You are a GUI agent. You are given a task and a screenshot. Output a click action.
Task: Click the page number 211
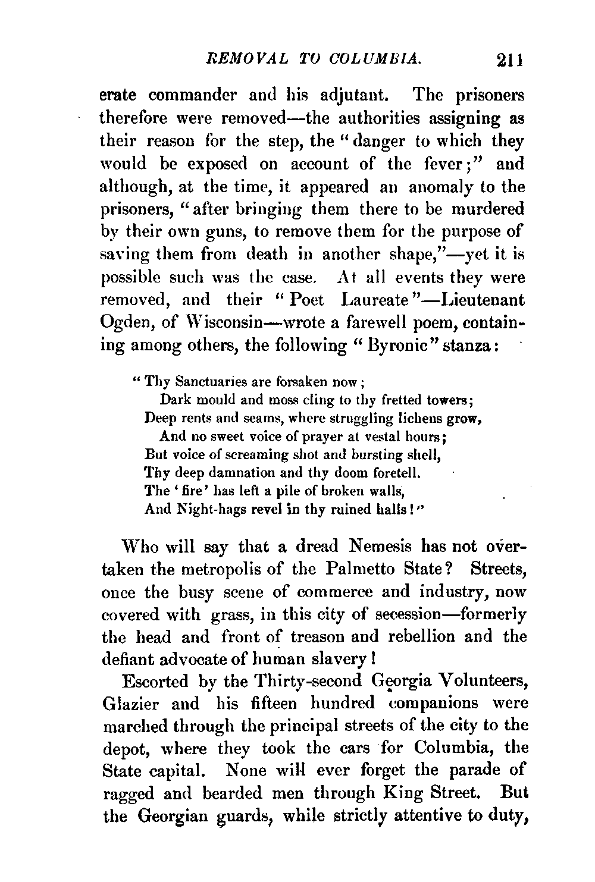pos(505,61)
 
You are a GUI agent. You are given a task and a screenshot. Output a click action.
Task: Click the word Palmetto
pos(367,569)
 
